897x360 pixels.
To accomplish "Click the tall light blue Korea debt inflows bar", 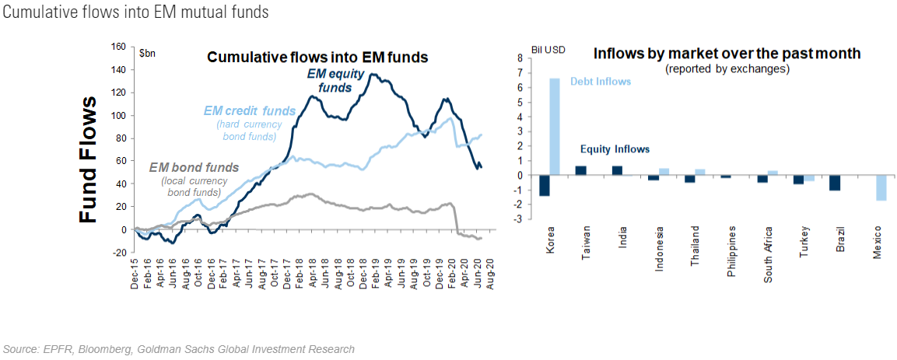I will [555, 127].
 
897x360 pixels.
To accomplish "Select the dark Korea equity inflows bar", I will [544, 185].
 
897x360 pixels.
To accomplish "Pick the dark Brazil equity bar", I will [835, 183].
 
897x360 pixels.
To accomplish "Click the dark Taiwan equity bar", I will [580, 170].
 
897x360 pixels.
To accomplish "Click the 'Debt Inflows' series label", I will [600, 81].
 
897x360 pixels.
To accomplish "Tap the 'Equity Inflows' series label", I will [615, 149].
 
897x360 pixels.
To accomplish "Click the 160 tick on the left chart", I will [118, 47].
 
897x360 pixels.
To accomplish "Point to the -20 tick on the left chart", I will [118, 253].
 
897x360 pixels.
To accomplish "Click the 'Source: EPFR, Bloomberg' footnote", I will [179, 349].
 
